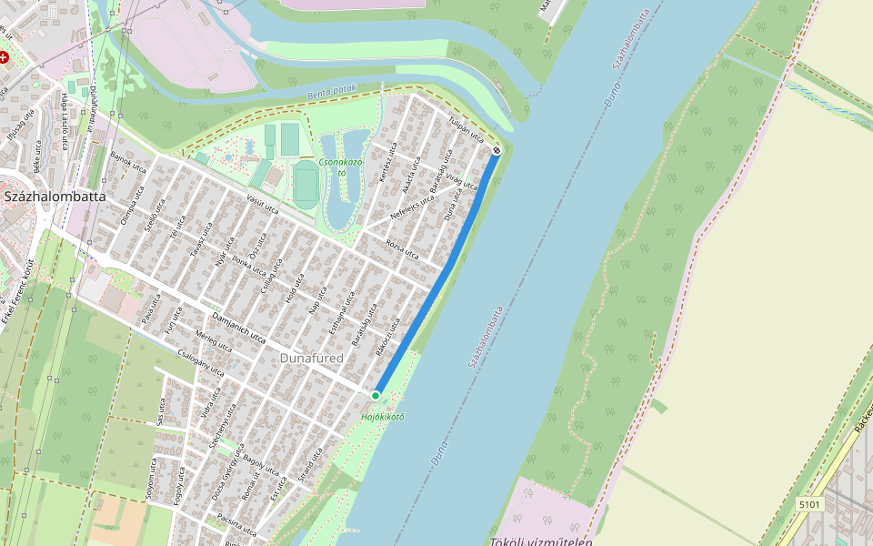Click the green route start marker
tap(375, 395)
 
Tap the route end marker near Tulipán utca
tap(497, 150)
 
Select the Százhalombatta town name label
tap(55, 196)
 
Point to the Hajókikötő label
tap(382, 417)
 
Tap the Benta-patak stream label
tap(331, 93)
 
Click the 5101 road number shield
tap(808, 503)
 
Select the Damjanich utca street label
tap(237, 327)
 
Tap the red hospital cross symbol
tap(5, 56)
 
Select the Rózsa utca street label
tap(402, 248)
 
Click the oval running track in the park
tap(305, 182)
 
